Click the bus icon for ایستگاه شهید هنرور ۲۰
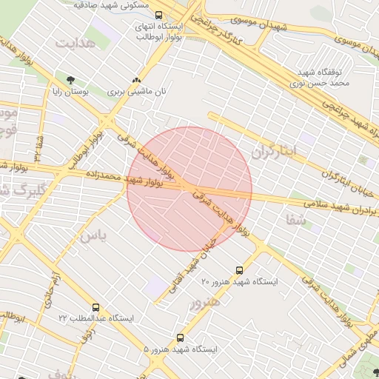tap(238, 270)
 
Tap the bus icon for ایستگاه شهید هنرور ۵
tap(180, 337)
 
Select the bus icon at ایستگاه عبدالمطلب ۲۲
tap(95, 307)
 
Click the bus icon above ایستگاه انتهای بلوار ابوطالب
tap(158, 15)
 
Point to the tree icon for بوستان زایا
tap(71, 80)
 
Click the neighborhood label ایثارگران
tap(273, 152)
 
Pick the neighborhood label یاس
tap(93, 236)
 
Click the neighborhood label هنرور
tap(205, 303)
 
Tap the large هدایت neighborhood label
tap(76, 42)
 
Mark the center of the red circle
tap(189, 189)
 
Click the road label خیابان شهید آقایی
tap(192, 264)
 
